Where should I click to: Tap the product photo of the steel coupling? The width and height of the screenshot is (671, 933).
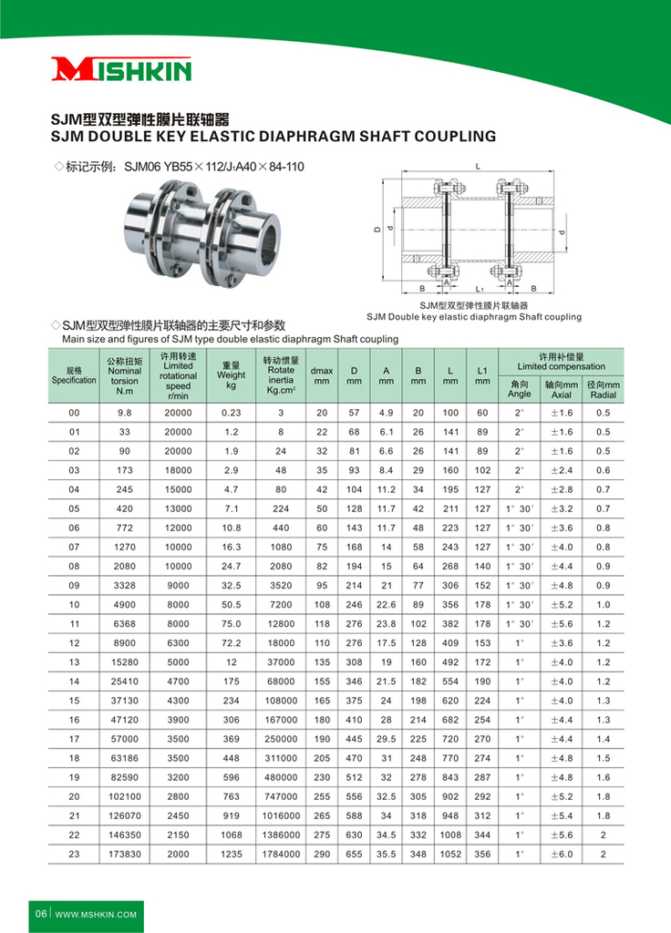208,226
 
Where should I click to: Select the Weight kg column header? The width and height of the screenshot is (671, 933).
231,374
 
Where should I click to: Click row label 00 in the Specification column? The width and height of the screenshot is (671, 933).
74,412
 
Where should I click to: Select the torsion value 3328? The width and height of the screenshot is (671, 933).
125,584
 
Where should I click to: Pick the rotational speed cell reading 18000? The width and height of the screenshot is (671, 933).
178,469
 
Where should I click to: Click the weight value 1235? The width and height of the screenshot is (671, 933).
231,854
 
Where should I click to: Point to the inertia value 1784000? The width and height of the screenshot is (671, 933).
281,854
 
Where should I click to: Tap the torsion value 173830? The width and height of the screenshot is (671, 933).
125,854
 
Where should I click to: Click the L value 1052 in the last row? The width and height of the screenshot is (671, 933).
450,854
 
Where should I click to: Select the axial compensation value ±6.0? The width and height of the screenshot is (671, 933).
562,854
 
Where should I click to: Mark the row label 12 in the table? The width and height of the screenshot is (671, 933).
74,642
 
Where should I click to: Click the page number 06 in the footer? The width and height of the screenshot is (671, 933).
41,913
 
